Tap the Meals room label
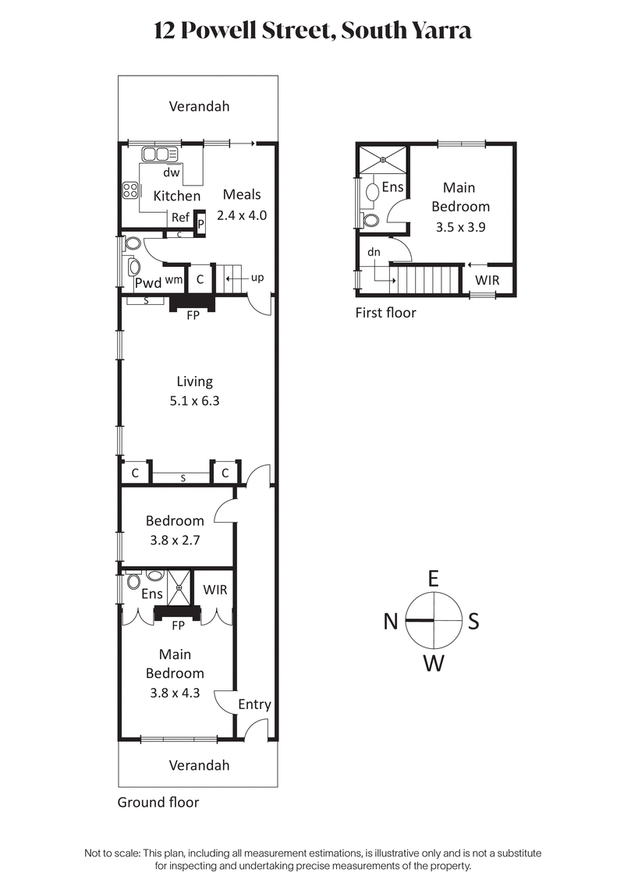point(242,194)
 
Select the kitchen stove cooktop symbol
point(129,190)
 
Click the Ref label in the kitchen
point(180,218)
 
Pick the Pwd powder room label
point(148,282)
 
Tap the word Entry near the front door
point(254,704)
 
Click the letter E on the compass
point(434,578)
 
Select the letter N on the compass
point(392,622)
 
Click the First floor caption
point(386,313)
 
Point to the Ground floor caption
point(158,802)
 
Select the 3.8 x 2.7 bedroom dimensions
point(175,539)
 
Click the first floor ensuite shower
point(382,160)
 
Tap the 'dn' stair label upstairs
point(374,253)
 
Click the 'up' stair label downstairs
point(257,278)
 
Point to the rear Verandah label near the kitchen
point(200,107)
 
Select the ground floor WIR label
point(215,590)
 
